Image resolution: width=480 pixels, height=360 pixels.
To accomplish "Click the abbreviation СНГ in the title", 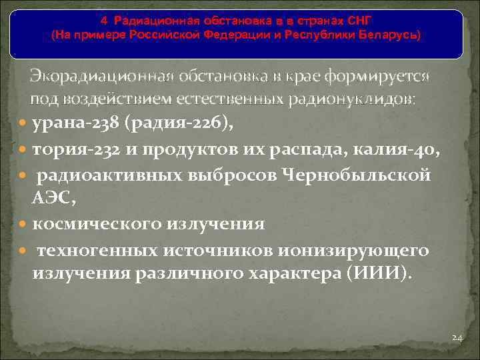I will coord(358,22).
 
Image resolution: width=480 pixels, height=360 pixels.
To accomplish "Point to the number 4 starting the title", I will coord(103,22).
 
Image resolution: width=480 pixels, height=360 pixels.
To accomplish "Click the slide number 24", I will coord(457,338).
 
